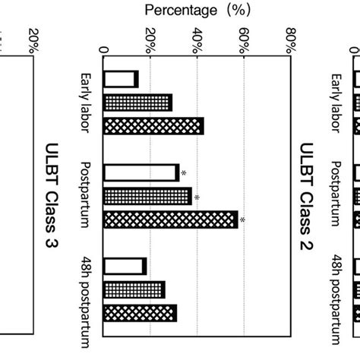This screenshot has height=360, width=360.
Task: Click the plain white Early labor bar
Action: tap(121, 78)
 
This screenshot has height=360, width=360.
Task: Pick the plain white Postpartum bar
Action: tap(141, 172)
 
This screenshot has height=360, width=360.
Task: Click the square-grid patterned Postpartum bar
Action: tap(147, 197)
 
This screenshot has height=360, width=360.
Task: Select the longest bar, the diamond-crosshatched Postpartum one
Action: tap(170, 220)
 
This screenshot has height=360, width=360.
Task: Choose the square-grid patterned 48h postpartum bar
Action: tap(134, 289)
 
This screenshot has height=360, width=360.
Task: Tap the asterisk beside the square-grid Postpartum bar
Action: tap(197, 197)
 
